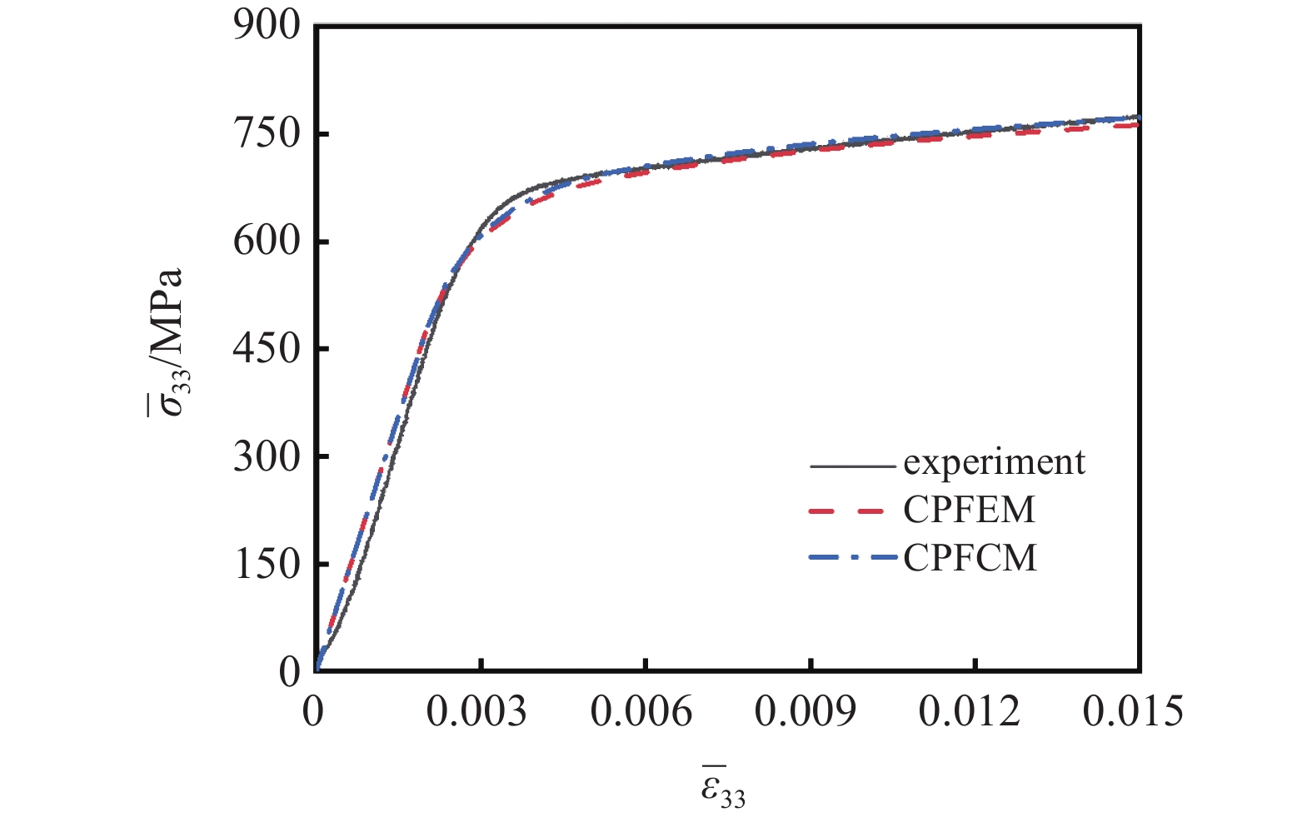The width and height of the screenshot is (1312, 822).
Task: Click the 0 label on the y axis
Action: pos(289,671)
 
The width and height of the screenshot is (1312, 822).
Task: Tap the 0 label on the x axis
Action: pos(313,713)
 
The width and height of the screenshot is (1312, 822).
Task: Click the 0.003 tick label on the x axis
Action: pos(477,713)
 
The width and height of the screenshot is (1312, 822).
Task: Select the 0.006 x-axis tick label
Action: pos(641,713)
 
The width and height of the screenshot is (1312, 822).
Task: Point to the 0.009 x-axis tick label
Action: pos(806,713)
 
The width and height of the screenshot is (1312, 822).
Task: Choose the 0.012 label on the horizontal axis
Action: pos(970,713)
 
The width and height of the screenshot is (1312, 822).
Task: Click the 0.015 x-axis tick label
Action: pos(1134,713)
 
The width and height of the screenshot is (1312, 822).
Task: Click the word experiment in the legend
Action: pos(994,463)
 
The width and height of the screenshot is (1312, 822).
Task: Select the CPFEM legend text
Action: pos(969,510)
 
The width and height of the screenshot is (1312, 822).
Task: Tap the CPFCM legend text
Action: pos(970,557)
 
